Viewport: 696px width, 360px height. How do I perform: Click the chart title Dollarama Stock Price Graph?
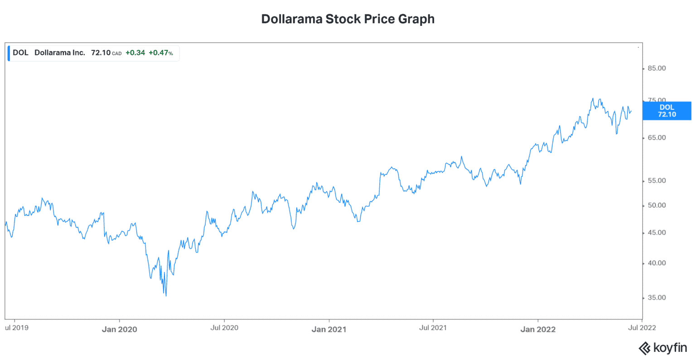(348, 19)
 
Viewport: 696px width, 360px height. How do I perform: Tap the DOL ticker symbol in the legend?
(20, 53)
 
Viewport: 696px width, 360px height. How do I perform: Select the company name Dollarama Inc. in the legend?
(60, 53)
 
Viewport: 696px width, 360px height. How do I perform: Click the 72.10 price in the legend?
(101, 53)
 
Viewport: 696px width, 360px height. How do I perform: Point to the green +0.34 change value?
(135, 53)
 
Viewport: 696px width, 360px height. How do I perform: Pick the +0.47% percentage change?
(160, 53)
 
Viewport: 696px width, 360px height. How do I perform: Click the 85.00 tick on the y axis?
(657, 68)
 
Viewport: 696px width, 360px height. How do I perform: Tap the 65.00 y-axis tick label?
(657, 138)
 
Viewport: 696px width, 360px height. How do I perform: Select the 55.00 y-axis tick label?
(657, 181)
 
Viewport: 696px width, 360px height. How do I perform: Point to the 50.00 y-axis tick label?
(657, 205)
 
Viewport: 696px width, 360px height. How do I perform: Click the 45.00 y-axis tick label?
(657, 233)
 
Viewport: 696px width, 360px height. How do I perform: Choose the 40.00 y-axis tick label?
(657, 263)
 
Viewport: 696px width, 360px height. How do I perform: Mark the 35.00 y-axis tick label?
(657, 298)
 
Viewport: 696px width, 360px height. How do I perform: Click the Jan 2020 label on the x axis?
(119, 330)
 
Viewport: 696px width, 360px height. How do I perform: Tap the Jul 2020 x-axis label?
(224, 328)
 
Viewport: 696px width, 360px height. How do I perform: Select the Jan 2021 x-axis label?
(329, 330)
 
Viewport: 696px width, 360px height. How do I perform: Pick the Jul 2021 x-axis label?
(433, 328)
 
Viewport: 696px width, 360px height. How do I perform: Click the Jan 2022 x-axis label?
(538, 330)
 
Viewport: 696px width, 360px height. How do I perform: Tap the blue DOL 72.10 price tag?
(667, 111)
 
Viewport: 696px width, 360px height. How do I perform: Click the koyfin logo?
(662, 348)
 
